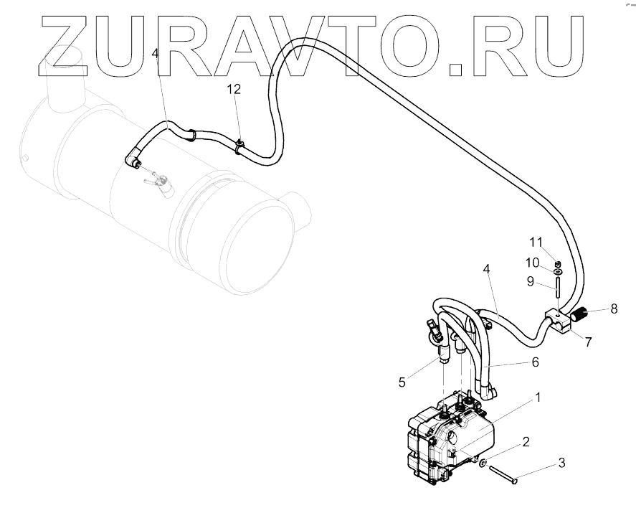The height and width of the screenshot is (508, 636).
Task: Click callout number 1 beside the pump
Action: (x=538, y=396)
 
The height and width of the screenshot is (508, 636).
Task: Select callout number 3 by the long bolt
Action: (x=561, y=464)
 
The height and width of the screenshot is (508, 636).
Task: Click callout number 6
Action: (x=535, y=364)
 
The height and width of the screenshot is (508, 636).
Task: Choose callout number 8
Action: (x=614, y=310)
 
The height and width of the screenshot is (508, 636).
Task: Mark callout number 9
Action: (x=531, y=281)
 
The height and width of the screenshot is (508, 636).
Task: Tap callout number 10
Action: (x=531, y=262)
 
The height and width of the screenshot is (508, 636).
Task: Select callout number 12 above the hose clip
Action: (x=234, y=89)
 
